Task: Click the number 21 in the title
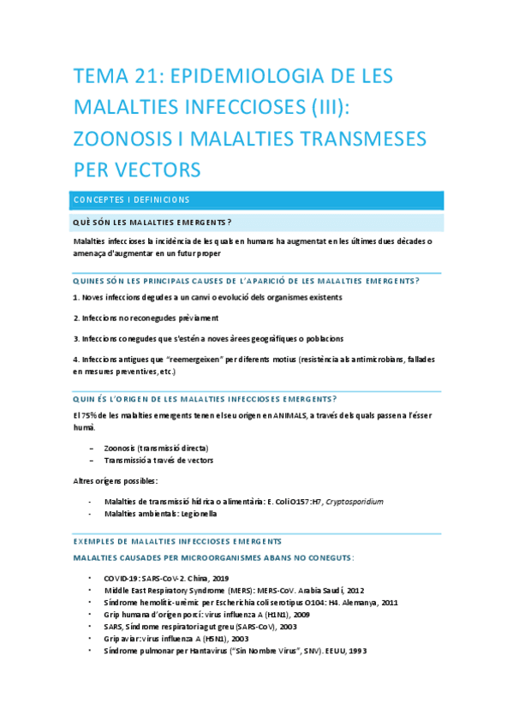tap(146, 76)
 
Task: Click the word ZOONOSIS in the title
tap(136, 138)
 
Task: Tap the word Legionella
tap(198, 514)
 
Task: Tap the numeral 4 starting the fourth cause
tap(76, 359)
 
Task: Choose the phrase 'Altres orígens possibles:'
tap(110, 481)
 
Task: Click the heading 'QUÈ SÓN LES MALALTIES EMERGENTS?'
tap(153, 223)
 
